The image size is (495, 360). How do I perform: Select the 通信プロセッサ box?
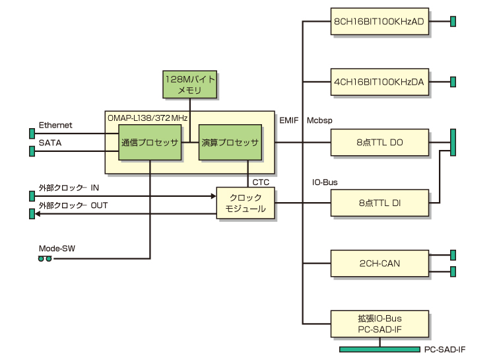tap(150, 142)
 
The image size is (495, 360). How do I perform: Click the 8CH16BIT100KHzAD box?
tap(379, 22)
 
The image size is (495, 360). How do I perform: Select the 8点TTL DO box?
tap(379, 141)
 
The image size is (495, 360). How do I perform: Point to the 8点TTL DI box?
tap(379, 203)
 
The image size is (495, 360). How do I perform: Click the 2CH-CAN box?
tap(379, 263)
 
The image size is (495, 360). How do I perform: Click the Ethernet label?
tap(55, 126)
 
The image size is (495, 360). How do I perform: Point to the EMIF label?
tap(289, 120)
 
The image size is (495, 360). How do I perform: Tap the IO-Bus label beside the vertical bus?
tap(325, 181)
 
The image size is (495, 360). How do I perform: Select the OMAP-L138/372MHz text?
tap(148, 117)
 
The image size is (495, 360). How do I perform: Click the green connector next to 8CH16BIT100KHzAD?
tap(453, 22)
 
